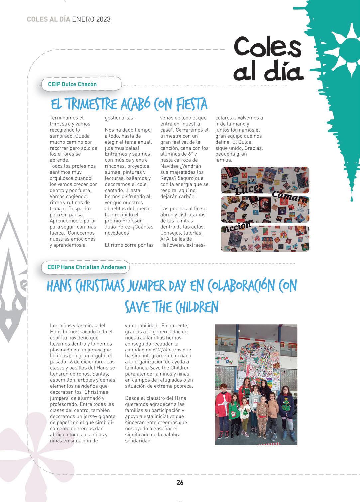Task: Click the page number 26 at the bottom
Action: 180,482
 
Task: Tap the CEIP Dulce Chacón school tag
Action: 72,84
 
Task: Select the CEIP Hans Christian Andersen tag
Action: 87,267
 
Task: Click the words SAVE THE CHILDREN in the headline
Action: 172,307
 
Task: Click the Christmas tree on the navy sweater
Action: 286,403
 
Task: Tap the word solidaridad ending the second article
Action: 138,441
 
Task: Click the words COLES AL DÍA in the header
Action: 48,19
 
